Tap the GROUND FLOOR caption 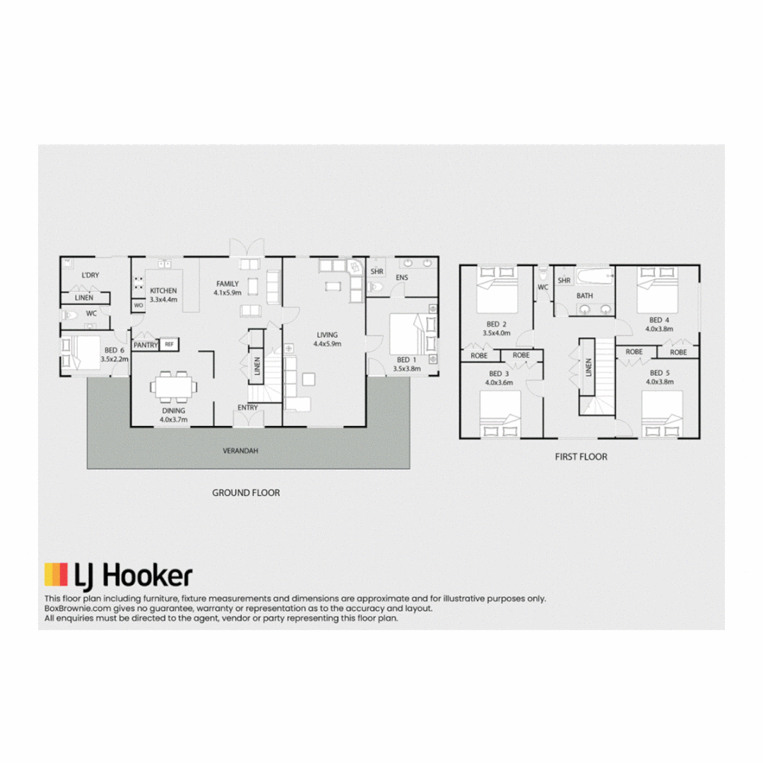tap(246, 492)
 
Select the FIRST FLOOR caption tap(581, 456)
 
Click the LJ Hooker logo tap(118, 576)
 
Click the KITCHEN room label tap(163, 290)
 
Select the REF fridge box tap(170, 344)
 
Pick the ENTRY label tap(248, 407)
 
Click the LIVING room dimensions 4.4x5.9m tap(326, 344)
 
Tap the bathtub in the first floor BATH tap(592, 276)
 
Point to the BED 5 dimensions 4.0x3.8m tap(659, 381)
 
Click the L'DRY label tap(90, 275)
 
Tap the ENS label tap(402, 278)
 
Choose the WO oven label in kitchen tap(138, 305)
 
